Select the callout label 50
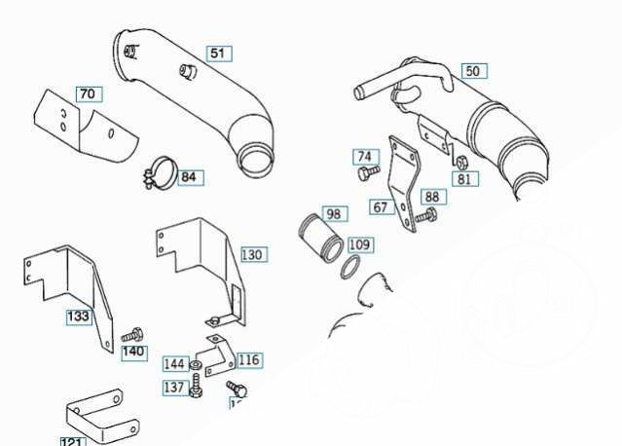click(472, 71)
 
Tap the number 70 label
click(88, 94)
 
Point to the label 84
click(188, 177)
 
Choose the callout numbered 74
click(364, 157)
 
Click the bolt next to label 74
click(368, 172)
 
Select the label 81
click(463, 178)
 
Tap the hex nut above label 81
click(462, 163)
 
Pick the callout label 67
click(381, 206)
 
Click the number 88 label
click(431, 197)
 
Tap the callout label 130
click(251, 255)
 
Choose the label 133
click(78, 316)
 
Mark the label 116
click(248, 360)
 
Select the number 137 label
click(174, 388)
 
